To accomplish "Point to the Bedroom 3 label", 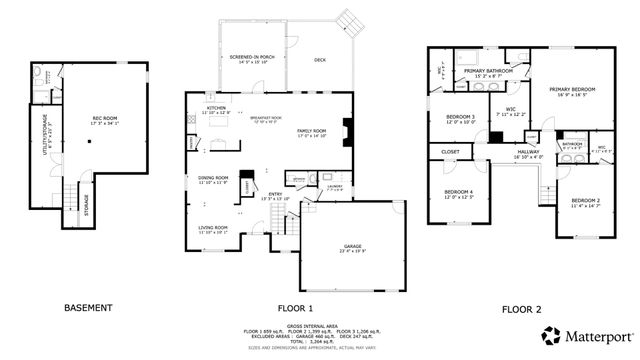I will pos(460,119).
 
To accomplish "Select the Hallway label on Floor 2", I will pos(527,154).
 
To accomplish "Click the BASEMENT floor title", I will pos(88,308).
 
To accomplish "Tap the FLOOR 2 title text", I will pos(523,308).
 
